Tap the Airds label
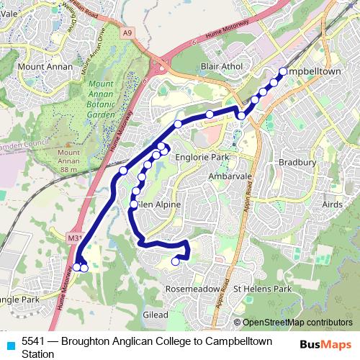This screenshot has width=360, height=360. [332, 205]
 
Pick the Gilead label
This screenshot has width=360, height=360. [156, 315]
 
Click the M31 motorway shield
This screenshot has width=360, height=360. [74, 236]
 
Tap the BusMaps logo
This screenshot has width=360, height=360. [326, 345]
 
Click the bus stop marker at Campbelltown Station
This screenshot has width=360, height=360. [283, 71]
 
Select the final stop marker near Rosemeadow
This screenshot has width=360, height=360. [176, 262]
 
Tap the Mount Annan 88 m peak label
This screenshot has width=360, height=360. [68, 158]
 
